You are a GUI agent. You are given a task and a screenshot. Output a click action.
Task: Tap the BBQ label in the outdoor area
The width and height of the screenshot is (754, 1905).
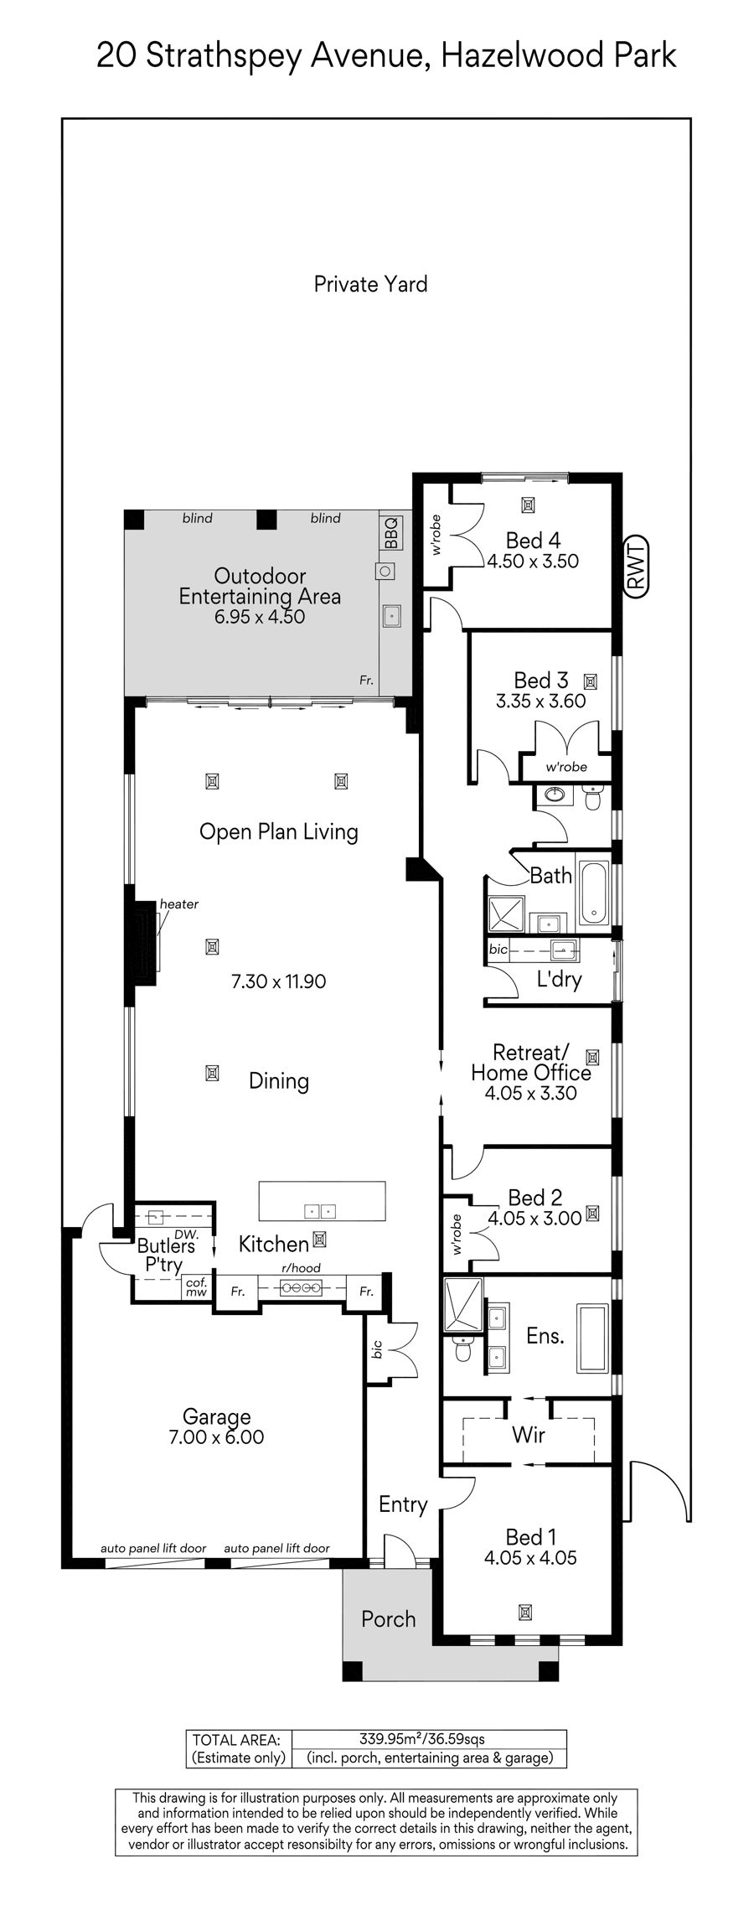[x=391, y=533]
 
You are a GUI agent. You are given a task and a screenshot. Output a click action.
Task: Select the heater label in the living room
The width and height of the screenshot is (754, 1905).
[x=179, y=904]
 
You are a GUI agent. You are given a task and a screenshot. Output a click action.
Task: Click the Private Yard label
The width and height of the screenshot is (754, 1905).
[x=370, y=284]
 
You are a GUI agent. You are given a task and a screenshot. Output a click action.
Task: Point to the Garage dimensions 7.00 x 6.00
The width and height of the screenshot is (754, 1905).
[x=217, y=1437]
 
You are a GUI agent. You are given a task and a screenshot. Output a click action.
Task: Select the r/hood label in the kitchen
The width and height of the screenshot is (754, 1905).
[x=302, y=1268]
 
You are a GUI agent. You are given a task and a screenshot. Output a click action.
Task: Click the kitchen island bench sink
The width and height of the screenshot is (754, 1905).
[x=319, y=1211]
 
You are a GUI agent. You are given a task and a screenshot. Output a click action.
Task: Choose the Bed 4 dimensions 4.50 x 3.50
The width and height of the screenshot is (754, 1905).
[x=533, y=562]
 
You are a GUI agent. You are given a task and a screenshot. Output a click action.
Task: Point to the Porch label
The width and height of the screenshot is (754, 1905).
[x=388, y=1619]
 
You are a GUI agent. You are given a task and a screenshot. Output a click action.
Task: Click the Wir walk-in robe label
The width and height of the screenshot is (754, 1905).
[x=529, y=1435]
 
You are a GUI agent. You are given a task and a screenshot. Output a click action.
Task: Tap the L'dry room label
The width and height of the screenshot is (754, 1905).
[x=559, y=979]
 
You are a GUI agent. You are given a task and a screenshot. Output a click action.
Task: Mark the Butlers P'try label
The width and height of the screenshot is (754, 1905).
[x=166, y=1255]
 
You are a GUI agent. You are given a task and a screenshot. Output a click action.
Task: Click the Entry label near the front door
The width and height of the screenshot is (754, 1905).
[x=403, y=1504]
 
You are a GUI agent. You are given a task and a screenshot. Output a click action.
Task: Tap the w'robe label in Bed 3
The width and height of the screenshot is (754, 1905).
[x=566, y=767]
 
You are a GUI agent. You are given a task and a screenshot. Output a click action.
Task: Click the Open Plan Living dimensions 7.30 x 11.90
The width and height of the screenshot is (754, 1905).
[x=278, y=981]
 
